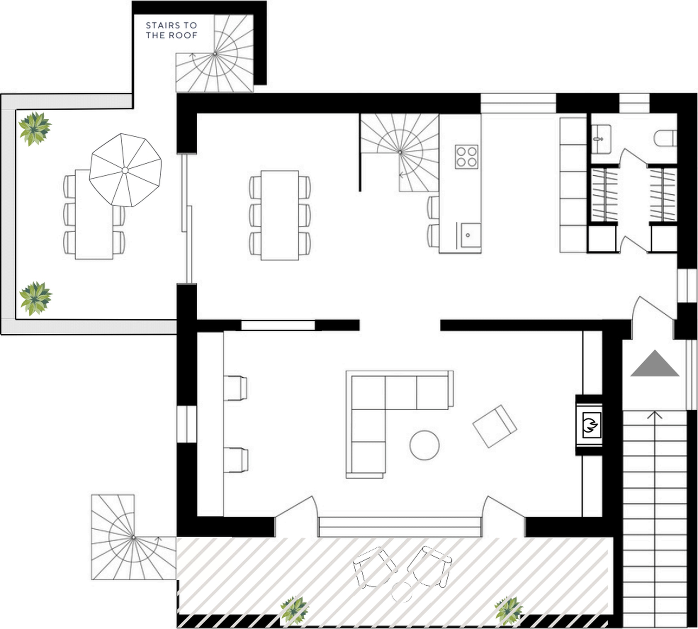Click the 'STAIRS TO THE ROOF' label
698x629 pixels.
[x=171, y=30]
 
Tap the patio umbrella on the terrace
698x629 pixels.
[x=125, y=170]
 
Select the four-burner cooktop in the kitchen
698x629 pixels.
[x=467, y=157]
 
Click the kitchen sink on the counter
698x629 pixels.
[x=471, y=235]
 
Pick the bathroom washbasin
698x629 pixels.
[x=601, y=139]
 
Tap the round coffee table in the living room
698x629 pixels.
[x=424, y=445]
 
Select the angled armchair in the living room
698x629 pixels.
[x=495, y=426]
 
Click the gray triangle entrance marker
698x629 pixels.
[x=655, y=363]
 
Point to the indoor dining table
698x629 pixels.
[x=280, y=215]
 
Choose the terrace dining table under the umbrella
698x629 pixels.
[x=94, y=215]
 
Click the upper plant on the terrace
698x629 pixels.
[x=35, y=129]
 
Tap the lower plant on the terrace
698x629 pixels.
[x=35, y=298]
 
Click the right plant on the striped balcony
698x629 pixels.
[x=508, y=611]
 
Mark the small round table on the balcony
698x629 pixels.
[x=402, y=592]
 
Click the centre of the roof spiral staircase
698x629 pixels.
[x=215, y=54]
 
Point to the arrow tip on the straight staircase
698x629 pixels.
[x=655, y=411]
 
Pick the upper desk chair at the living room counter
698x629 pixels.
[x=235, y=388]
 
